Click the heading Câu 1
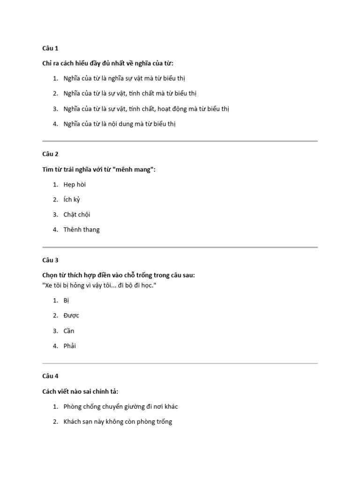[50, 48]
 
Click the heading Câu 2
[50, 154]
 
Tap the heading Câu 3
[50, 260]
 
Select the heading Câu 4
[50, 375]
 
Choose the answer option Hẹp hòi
[75, 184]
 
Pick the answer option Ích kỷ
[72, 199]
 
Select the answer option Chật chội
[76, 214]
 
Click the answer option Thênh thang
[82, 229]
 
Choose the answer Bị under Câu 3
[66, 300]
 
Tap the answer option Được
[71, 315]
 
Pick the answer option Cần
[69, 330]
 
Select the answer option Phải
[69, 346]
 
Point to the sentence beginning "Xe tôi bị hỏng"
[98, 285]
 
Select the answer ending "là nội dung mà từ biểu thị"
[120, 124]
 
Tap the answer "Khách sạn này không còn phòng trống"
[118, 421]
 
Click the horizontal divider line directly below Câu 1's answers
[180, 141]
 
